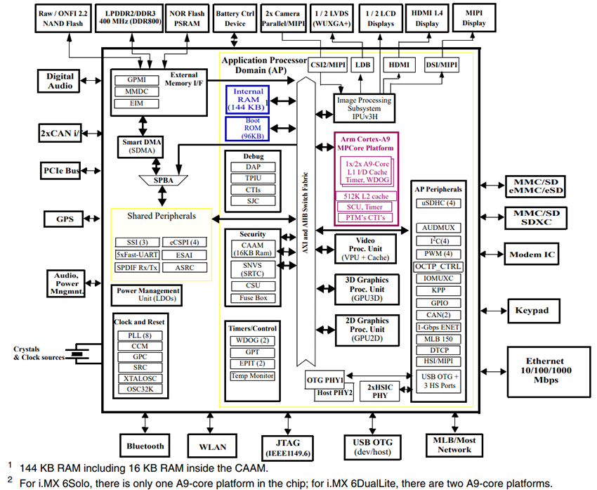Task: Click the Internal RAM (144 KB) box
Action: pyautogui.click(x=247, y=100)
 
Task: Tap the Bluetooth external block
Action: pyautogui.click(x=145, y=446)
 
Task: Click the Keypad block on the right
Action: pyautogui.click(x=532, y=310)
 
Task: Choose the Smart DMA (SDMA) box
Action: pyautogui.click(x=141, y=146)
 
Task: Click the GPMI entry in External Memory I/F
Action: pyautogui.click(x=136, y=81)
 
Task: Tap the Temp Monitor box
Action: pyautogui.click(x=252, y=376)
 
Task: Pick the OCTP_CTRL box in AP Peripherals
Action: pyautogui.click(x=438, y=266)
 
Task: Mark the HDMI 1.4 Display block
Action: pyautogui.click(x=426, y=19)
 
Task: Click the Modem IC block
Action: pyautogui.click(x=532, y=254)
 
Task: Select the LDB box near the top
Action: pyautogui.click(x=363, y=65)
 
